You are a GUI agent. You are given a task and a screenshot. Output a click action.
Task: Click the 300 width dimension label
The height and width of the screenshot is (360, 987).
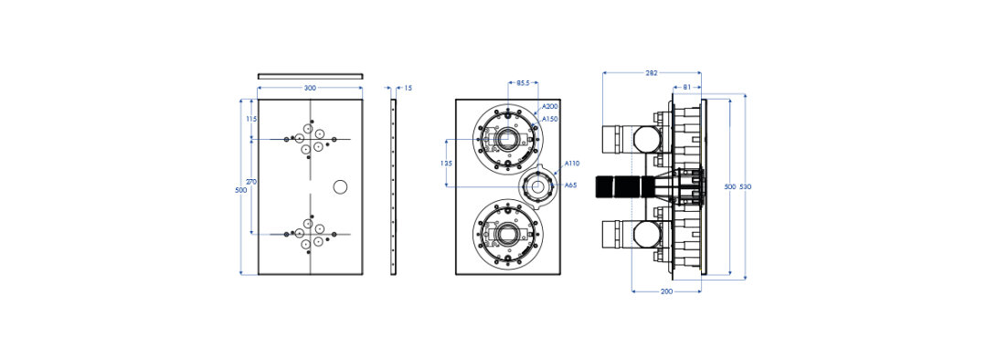pyautogui.click(x=311, y=88)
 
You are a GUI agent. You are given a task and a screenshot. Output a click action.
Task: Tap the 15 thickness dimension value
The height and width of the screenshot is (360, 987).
pyautogui.click(x=408, y=88)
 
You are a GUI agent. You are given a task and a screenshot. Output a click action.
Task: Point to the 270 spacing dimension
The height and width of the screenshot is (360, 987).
pyautogui.click(x=251, y=181)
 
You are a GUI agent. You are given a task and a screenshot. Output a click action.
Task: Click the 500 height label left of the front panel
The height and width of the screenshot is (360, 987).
pyautogui.click(x=240, y=190)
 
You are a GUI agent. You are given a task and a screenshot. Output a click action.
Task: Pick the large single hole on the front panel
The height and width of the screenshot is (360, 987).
pyautogui.click(x=340, y=187)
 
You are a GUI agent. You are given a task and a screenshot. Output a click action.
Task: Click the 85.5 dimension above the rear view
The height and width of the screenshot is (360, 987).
pyautogui.click(x=524, y=82)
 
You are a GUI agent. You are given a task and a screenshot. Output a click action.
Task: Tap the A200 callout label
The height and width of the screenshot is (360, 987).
pyautogui.click(x=549, y=107)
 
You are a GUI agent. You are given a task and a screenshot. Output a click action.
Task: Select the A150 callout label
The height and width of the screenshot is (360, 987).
pyautogui.click(x=549, y=118)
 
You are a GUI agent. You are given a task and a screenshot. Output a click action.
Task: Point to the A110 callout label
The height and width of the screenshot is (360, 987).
pyautogui.click(x=571, y=164)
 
